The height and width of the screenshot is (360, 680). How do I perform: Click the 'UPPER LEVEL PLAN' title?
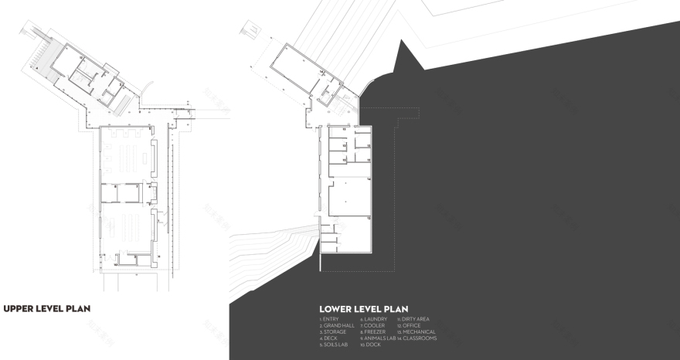46,308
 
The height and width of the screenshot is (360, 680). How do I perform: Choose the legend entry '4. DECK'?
328,338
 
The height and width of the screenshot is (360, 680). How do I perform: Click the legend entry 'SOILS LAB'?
332,345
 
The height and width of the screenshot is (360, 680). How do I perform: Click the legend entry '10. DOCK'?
370,345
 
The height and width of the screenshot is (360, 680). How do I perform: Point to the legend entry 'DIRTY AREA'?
416,319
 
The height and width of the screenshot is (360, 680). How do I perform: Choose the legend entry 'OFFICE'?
411,325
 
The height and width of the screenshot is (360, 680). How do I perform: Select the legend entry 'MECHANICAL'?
416,332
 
